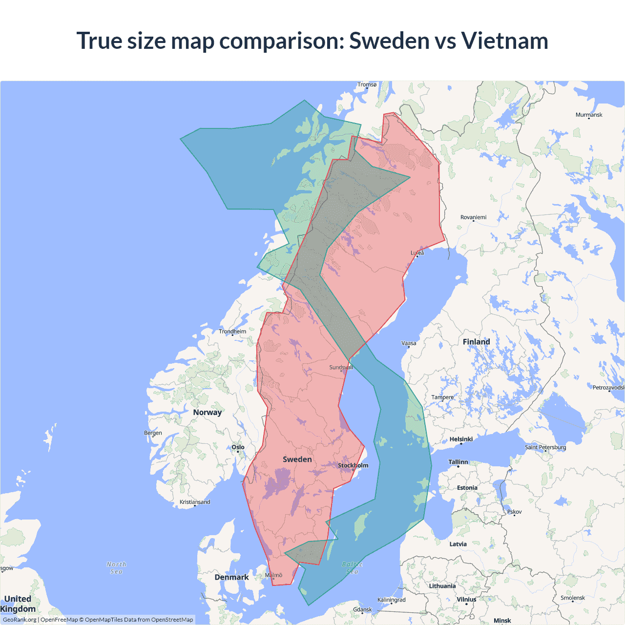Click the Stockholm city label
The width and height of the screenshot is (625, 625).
(353, 465)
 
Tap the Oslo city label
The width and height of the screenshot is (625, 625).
(238, 447)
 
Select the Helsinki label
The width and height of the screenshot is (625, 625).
(461, 439)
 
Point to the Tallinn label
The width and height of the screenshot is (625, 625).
(458, 462)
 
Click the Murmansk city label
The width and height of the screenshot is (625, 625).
(589, 115)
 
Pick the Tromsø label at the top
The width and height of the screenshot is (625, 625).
(367, 84)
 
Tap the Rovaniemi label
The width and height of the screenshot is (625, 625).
(473, 217)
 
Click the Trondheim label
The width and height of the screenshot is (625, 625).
(232, 332)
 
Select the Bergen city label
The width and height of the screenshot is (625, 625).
(153, 433)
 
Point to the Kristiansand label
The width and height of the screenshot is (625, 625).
(195, 502)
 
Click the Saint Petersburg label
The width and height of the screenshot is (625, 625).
(545, 447)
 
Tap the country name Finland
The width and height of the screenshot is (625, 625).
(476, 342)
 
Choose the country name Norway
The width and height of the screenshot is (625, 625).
(207, 412)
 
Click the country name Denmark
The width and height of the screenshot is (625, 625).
(231, 577)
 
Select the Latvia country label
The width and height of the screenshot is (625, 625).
(458, 544)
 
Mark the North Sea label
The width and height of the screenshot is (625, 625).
(116, 568)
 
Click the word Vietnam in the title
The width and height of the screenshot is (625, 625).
(504, 41)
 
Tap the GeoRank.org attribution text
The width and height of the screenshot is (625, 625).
(20, 620)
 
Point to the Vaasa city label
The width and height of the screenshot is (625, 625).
(409, 343)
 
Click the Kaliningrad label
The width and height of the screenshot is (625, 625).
(391, 600)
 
